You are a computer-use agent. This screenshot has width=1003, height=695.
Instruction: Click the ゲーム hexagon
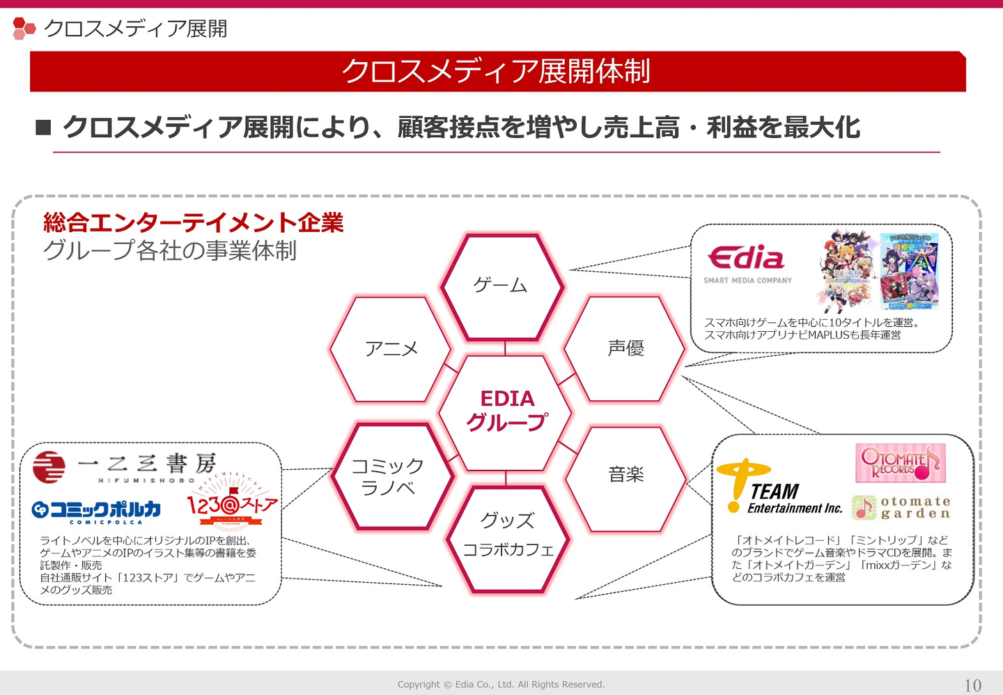[501, 287]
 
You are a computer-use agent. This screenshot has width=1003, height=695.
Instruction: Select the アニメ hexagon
[390, 349]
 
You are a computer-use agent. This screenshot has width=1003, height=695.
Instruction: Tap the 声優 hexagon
[625, 349]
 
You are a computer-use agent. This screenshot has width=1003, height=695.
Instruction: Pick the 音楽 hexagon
[625, 477]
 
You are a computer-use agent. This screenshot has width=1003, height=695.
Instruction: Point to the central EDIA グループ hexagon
[506, 411]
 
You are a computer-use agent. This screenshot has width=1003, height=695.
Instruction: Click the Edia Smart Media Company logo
[747, 264]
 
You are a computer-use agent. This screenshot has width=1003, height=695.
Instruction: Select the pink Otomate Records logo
[900, 463]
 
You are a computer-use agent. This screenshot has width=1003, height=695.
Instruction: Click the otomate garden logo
[901, 507]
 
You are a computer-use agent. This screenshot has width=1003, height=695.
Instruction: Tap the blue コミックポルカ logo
[97, 512]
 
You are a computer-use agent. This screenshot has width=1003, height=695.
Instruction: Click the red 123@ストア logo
[231, 506]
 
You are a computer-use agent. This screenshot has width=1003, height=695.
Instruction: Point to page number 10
[972, 685]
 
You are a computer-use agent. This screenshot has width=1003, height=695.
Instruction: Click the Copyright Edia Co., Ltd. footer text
[501, 685]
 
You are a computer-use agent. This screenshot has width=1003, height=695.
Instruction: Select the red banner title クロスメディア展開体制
[497, 71]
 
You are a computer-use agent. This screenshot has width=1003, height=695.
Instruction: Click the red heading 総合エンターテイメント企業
[193, 222]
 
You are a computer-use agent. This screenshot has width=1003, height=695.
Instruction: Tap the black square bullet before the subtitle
[43, 127]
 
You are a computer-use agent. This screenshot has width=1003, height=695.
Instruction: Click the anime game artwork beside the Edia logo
[879, 270]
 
